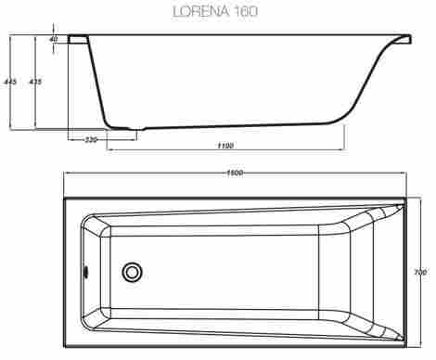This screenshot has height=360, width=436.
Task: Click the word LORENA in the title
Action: pos(201,12)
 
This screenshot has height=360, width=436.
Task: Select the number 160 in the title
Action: pos(246,12)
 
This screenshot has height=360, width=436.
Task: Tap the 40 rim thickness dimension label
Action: pos(54,39)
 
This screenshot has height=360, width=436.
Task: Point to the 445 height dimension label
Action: pos(10,82)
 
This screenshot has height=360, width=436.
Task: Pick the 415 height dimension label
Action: pos(34,82)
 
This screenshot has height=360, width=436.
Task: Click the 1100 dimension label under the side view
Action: pos(224,145)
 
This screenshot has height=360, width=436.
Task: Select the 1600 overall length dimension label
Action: pos(235,174)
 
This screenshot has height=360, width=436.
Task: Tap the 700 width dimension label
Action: pos(420,272)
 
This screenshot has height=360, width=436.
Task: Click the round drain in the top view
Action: pos(132,273)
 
